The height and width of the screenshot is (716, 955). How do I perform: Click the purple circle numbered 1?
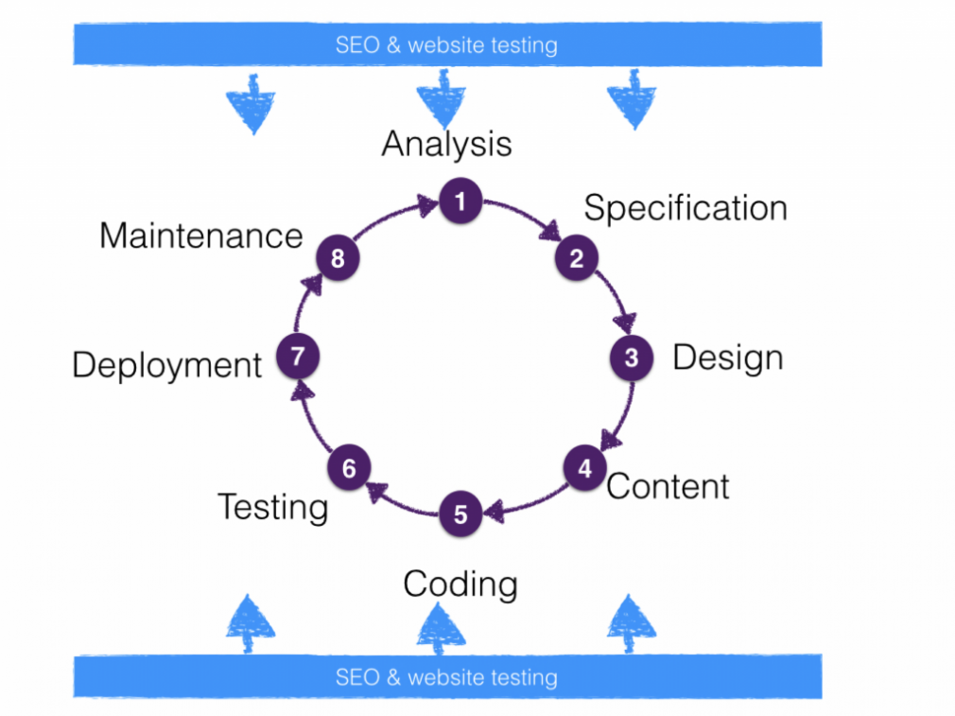coord(460,201)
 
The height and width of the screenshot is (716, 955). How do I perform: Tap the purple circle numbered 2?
coord(576,258)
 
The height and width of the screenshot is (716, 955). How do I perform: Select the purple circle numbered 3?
coord(631,358)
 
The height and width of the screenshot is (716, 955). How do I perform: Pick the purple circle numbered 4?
coord(585,468)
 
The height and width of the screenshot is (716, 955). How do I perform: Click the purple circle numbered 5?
coord(460,515)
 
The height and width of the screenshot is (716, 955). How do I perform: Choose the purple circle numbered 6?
coord(349,468)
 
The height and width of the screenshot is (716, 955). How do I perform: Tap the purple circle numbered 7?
coord(298,357)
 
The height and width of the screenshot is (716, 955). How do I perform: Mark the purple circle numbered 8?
coord(337,258)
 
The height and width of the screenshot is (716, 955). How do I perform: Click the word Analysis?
coord(446,145)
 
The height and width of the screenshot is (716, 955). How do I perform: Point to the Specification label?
coord(686,208)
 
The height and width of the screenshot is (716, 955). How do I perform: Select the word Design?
coord(727,358)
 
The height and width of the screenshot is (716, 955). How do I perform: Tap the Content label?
coord(668,486)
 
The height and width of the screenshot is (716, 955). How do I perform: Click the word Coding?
coord(460,584)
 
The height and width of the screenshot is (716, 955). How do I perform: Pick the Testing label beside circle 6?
coord(273,507)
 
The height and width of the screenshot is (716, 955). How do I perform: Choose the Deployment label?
coord(167,365)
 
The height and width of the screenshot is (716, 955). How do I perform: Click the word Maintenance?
coord(200,236)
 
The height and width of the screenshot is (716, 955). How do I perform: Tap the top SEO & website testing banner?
coord(447,44)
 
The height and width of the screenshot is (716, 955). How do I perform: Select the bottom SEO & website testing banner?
coord(447,677)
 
